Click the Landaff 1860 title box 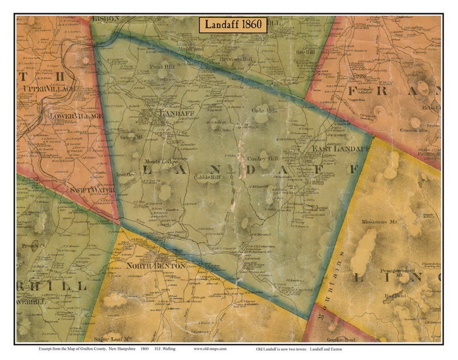click(234, 25)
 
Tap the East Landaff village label click(341, 149)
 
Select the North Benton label click(155, 266)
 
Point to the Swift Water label click(92, 191)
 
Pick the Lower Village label click(76, 116)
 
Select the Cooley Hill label click(260, 159)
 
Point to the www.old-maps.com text click(210, 349)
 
